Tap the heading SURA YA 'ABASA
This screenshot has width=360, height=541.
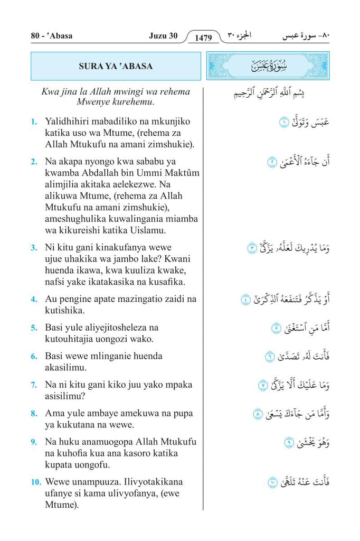click(116, 66)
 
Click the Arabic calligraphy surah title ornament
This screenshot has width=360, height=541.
click(267, 66)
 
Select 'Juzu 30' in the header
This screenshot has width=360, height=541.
click(163, 36)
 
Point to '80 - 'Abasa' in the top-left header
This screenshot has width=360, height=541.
click(52, 36)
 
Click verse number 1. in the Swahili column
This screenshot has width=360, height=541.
click(34, 122)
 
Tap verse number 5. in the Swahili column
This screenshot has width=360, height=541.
click(34, 328)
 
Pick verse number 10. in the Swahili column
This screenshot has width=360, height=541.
click(35, 482)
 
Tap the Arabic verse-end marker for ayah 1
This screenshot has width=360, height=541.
click(283, 123)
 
